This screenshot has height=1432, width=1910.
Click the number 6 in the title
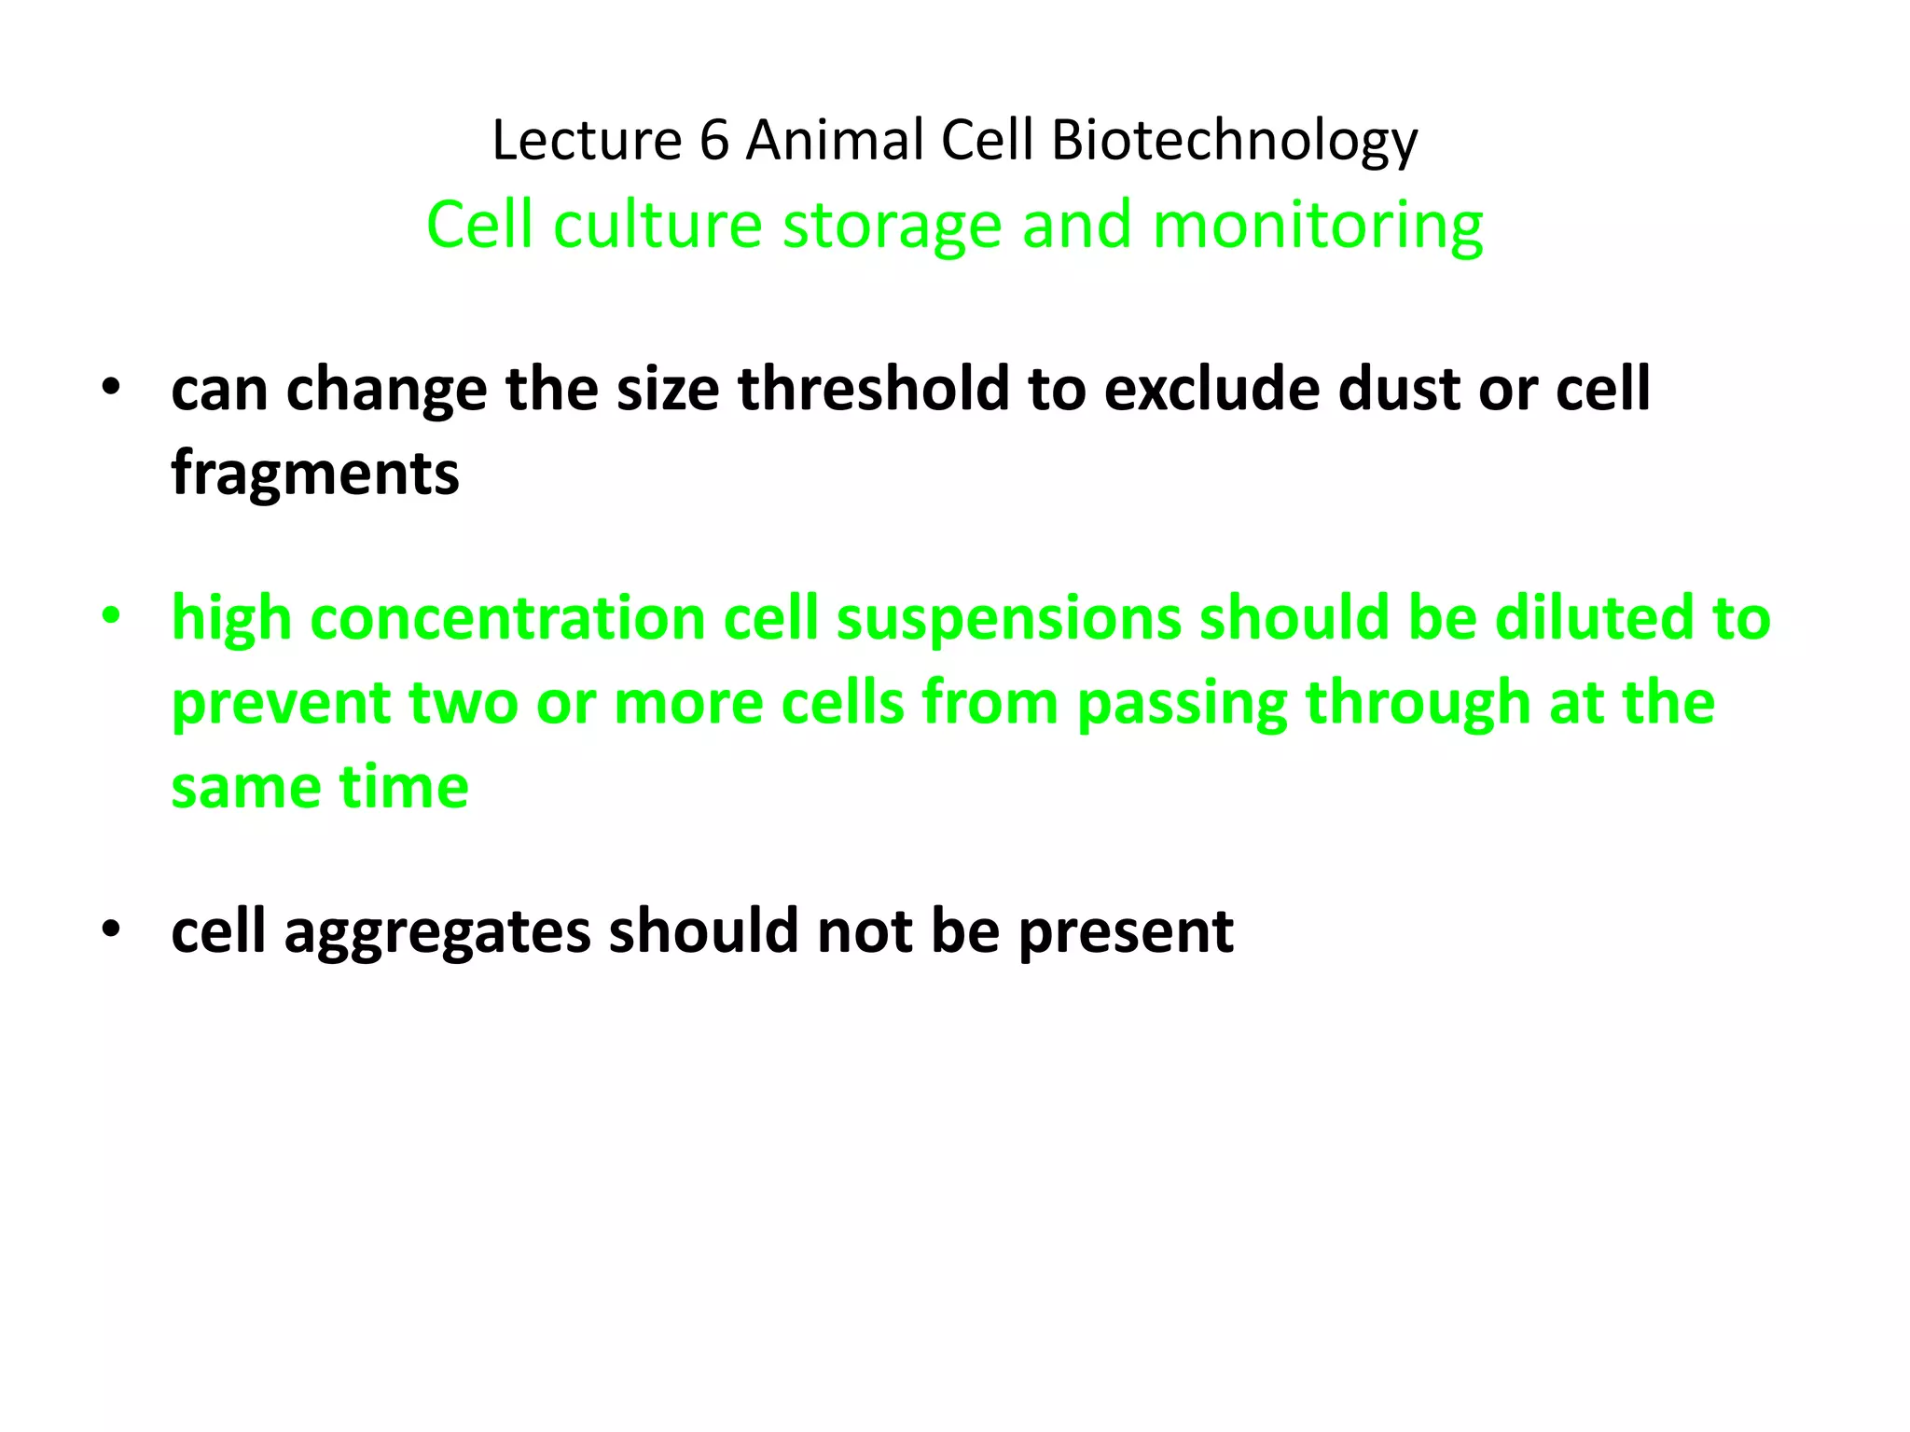pyautogui.click(x=713, y=142)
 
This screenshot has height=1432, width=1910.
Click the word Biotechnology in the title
pyautogui.click(x=1234, y=142)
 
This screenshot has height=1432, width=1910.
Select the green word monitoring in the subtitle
pyautogui.click(x=1317, y=227)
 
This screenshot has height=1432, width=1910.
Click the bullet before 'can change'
pyautogui.click(x=111, y=389)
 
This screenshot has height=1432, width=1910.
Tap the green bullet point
pyautogui.click(x=111, y=617)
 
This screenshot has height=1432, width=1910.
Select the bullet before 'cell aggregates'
pyautogui.click(x=111, y=930)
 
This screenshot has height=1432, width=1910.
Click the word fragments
pyautogui.click(x=315, y=474)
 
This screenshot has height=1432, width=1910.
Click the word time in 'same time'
pyautogui.click(x=403, y=788)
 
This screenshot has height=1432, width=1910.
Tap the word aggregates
pyautogui.click(x=437, y=931)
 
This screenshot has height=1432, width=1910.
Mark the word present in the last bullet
pyautogui.click(x=1126, y=931)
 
